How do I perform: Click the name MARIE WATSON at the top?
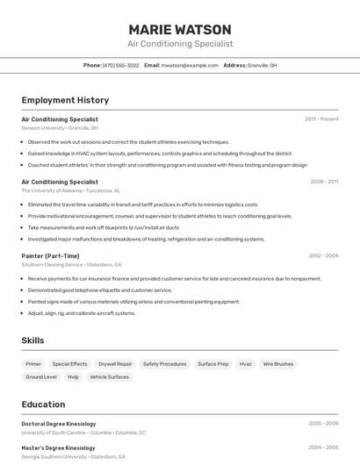(x=180, y=30)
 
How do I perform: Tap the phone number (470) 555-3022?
(x=120, y=65)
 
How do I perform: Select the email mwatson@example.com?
(x=189, y=65)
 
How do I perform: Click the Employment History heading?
(x=65, y=101)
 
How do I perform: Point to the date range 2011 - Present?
(x=321, y=119)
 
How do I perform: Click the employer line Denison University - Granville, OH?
(x=60, y=128)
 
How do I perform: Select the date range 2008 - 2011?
(x=324, y=182)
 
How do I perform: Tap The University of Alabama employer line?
(x=71, y=190)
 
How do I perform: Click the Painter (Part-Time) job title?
(x=50, y=256)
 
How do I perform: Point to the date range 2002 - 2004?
(x=323, y=256)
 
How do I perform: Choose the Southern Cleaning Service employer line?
(x=71, y=264)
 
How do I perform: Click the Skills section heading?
(x=32, y=340)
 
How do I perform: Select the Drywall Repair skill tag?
(x=115, y=363)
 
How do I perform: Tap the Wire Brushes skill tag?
(x=278, y=363)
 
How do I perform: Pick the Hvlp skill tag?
(x=73, y=376)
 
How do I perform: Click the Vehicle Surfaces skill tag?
(x=109, y=376)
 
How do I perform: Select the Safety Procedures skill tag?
(x=165, y=363)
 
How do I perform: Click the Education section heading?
(x=43, y=404)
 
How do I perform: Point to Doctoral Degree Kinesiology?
(x=59, y=424)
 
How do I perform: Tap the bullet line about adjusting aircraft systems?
(x=82, y=313)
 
